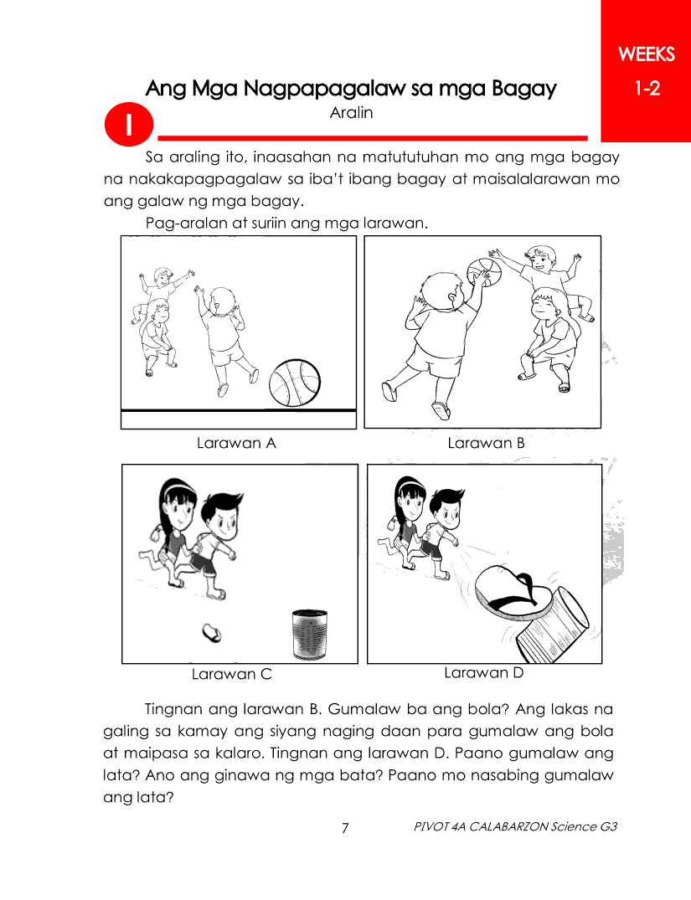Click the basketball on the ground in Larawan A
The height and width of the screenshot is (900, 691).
295,383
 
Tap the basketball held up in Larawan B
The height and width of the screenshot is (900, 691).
484,273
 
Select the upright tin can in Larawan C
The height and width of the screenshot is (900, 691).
310,635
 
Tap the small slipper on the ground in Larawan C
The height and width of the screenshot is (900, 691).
212,633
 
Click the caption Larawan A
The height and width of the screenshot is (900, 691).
236,443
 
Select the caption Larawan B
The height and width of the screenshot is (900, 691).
486,443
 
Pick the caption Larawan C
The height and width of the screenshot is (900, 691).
231,674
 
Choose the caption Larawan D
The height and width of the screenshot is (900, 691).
483,673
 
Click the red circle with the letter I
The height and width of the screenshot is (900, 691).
129,124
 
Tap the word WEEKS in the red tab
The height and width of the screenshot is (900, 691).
647,54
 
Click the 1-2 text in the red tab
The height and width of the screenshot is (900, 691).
647,89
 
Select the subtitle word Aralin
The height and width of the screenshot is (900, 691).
351,112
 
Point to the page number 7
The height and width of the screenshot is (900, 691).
344,828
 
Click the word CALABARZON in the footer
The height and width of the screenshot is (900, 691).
508,826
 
